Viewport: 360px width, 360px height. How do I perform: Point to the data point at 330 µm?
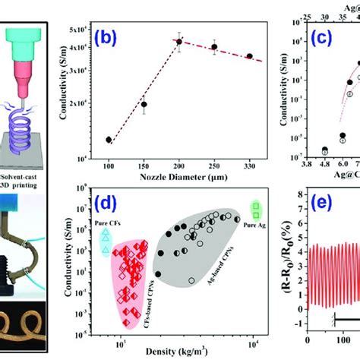(250, 56)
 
